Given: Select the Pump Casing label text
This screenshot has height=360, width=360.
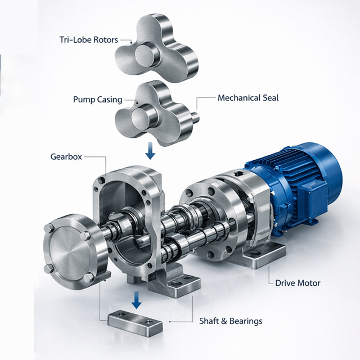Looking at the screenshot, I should coord(97,100).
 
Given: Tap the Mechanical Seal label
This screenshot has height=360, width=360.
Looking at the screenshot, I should coord(248,98).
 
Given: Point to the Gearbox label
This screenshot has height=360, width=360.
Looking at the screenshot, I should coord(66,157).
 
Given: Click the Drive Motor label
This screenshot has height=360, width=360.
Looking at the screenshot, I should coord(298,283).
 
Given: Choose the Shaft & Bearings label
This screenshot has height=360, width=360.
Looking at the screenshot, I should coord(231,321).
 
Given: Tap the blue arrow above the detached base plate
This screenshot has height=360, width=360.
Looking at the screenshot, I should coord(136,299).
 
